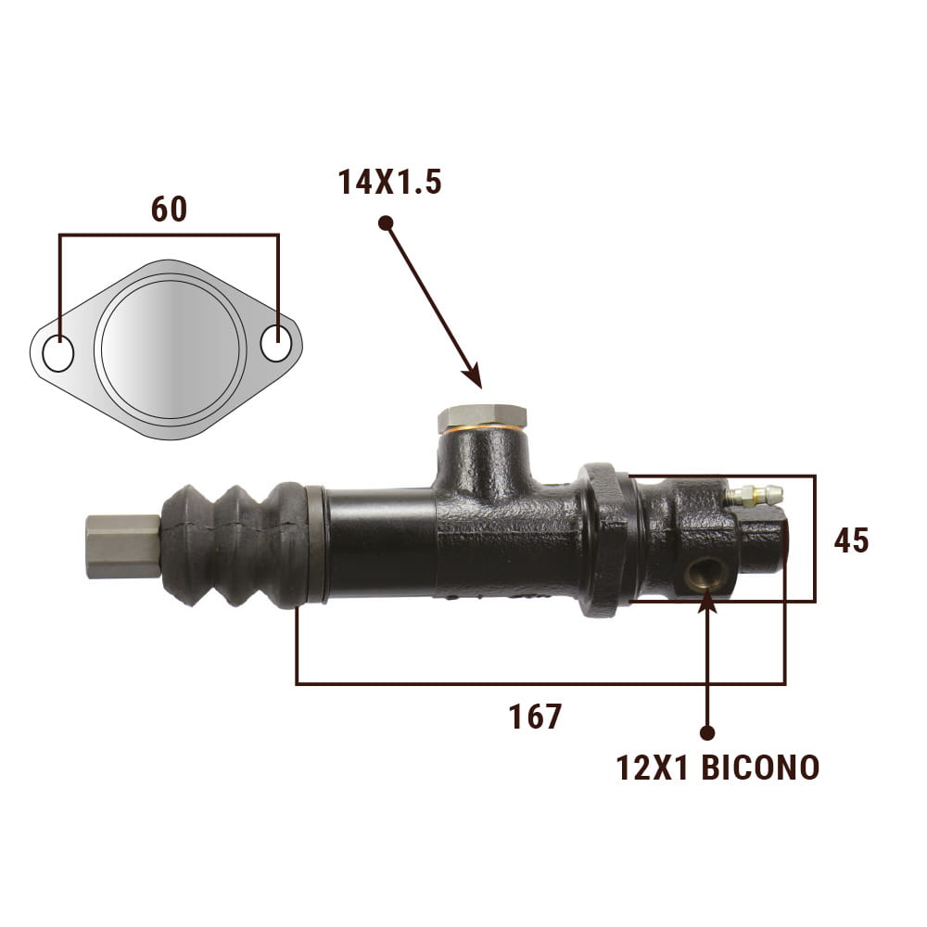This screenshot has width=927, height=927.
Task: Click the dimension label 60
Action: coord(169,209)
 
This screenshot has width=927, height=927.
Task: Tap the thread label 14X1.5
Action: coord(389,182)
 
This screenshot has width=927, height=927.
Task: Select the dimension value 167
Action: coord(535,716)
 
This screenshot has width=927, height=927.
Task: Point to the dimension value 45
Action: coord(851,540)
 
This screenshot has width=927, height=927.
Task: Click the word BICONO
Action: coord(760,768)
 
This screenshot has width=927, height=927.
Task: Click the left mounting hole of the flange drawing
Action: coord(57,353)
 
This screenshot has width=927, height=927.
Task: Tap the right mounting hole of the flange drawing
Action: coord(276,342)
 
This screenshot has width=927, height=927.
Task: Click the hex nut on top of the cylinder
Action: coord(482,417)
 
